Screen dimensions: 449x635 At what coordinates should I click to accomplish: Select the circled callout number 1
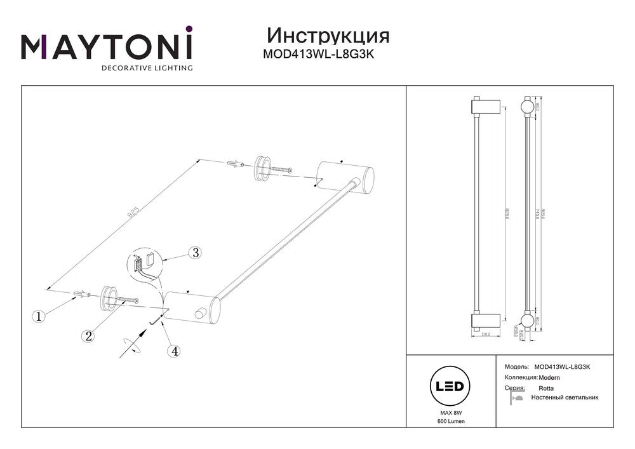point(40,316)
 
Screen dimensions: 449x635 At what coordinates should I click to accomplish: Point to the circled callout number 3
point(196,253)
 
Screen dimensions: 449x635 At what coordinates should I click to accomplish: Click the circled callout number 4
point(173,350)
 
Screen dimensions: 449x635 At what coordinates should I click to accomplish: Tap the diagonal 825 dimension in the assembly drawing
point(133,214)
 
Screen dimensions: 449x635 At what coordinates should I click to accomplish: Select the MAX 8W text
point(450,413)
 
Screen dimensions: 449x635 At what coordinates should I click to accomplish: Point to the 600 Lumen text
point(450,422)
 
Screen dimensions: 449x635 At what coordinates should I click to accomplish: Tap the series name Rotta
point(546,387)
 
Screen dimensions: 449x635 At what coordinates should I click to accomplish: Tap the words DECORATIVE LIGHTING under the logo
point(147,67)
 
